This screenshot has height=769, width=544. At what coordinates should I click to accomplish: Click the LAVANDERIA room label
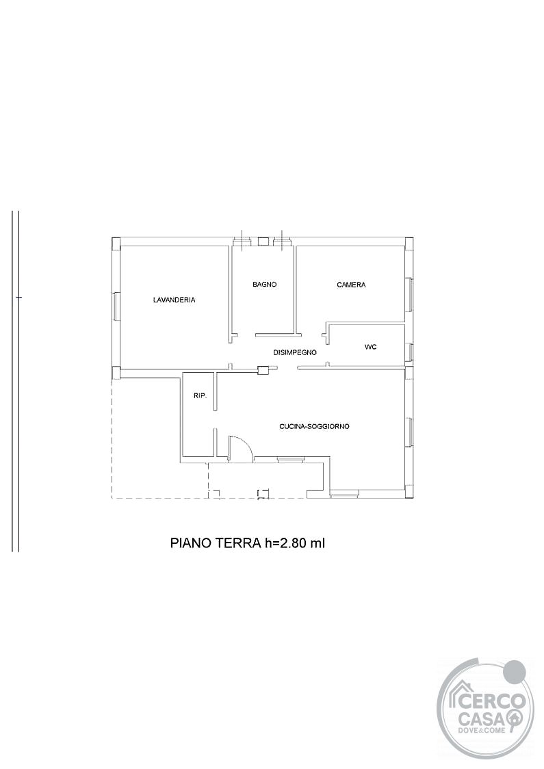point(174,300)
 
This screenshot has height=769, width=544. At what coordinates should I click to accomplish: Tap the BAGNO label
point(265,284)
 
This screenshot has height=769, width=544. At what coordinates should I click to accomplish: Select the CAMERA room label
point(351,285)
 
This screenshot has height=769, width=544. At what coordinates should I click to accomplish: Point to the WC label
point(371,347)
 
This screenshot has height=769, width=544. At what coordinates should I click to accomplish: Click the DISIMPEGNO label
point(295,352)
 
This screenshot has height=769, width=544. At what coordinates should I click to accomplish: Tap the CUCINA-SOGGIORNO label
point(315,427)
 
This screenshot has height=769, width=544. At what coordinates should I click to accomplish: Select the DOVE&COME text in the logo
point(483,732)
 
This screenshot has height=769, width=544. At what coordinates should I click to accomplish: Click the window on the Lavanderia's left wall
point(115,307)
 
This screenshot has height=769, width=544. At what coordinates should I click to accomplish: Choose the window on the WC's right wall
point(411,352)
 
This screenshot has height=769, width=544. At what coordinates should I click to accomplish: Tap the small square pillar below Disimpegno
point(263,371)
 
